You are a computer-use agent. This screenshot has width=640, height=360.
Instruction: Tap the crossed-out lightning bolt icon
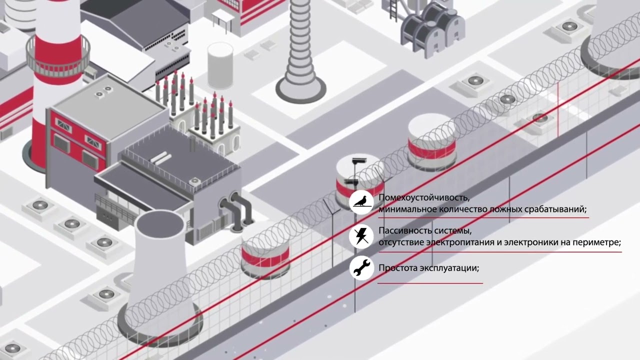(x=360, y=236)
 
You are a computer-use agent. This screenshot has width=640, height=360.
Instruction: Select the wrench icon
(x=361, y=268)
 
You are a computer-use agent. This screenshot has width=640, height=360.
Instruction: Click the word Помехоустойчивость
(x=424, y=197)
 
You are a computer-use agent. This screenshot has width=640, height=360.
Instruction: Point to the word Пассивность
(x=403, y=230)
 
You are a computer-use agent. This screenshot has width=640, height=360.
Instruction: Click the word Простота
(x=397, y=268)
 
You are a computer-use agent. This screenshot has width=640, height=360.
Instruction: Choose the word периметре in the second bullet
(x=598, y=243)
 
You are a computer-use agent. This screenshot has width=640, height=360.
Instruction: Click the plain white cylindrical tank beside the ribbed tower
(x=220, y=65)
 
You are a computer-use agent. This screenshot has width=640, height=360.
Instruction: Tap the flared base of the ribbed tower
(x=300, y=88)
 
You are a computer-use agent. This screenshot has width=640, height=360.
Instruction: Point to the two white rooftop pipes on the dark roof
(x=161, y=158)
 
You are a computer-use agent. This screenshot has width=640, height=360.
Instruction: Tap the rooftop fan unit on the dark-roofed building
(x=195, y=181)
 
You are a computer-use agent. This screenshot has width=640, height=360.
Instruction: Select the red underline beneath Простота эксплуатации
(x=430, y=283)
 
